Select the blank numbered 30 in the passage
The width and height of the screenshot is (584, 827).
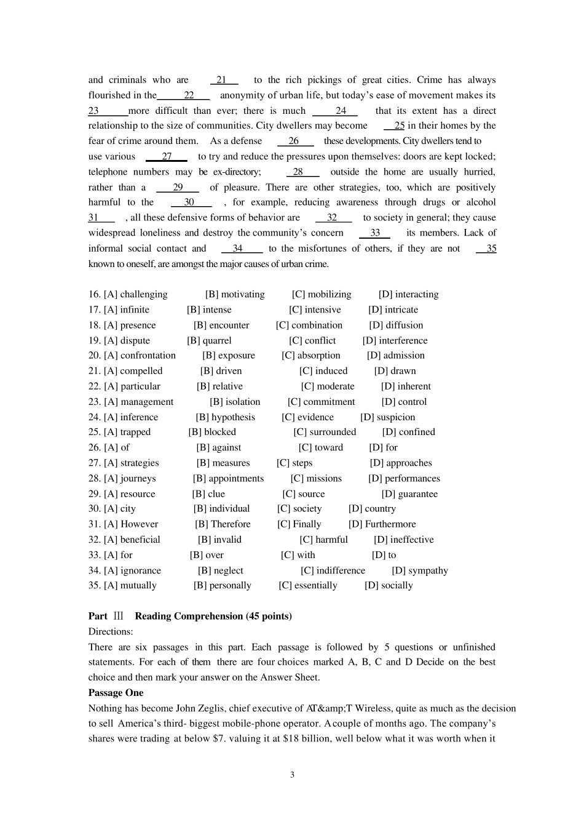pyautogui.click(x=191, y=202)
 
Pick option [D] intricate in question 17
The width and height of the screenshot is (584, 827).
pyautogui.click(x=393, y=310)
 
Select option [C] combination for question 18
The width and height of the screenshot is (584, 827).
pyautogui.click(x=309, y=326)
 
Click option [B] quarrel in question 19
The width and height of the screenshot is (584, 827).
pyautogui.click(x=209, y=341)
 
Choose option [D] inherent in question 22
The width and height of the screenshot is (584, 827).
pyautogui.click(x=406, y=386)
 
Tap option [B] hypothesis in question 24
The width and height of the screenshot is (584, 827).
pyautogui.click(x=225, y=417)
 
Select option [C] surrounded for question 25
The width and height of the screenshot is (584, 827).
pyautogui.click(x=325, y=433)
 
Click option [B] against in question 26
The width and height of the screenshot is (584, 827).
pyautogui.click(x=218, y=448)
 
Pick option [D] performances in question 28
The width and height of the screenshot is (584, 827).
pyautogui.click(x=404, y=479)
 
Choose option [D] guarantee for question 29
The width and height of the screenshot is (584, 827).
pyautogui.click(x=409, y=494)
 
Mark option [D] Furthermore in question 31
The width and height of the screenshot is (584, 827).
pyautogui.click(x=382, y=524)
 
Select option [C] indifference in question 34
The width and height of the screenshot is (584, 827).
pyautogui.click(x=333, y=571)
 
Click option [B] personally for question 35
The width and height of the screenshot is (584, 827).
pyautogui.click(x=222, y=586)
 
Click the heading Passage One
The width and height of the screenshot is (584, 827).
pyautogui.click(x=116, y=693)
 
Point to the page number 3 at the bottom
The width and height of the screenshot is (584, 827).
pyautogui.click(x=292, y=775)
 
